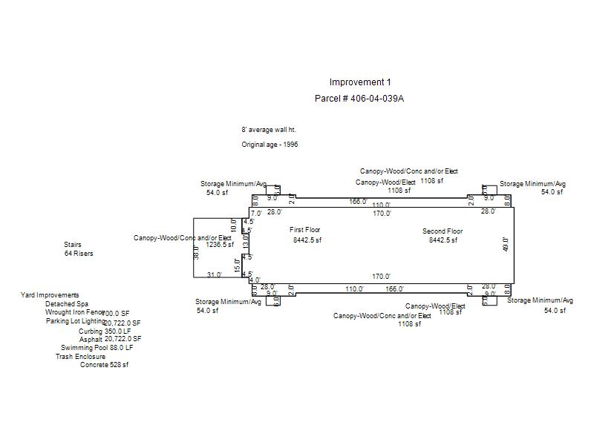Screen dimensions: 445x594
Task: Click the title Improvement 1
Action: click(x=359, y=82)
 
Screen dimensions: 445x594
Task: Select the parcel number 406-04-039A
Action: click(x=359, y=99)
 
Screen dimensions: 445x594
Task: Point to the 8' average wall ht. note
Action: click(x=268, y=130)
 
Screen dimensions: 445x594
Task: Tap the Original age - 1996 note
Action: click(x=270, y=145)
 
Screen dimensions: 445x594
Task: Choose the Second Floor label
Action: click(x=443, y=231)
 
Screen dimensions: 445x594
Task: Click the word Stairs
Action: click(x=73, y=245)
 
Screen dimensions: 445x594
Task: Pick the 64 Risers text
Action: click(x=79, y=254)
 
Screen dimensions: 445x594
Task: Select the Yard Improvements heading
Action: click(x=50, y=295)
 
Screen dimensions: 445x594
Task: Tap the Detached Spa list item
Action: click(x=66, y=304)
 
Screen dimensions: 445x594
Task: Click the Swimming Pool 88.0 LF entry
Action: click(x=97, y=347)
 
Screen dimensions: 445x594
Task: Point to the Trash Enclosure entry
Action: click(x=80, y=357)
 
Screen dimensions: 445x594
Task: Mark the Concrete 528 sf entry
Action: click(x=104, y=365)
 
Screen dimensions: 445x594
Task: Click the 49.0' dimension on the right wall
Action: click(x=506, y=244)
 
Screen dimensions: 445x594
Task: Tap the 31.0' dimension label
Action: click(x=214, y=275)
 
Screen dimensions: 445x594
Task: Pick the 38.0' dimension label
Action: click(x=197, y=252)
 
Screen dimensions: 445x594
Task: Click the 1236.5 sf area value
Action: click(x=220, y=244)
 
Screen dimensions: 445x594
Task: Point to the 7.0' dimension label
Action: click(x=256, y=213)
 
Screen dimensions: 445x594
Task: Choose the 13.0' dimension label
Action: click(x=246, y=243)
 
